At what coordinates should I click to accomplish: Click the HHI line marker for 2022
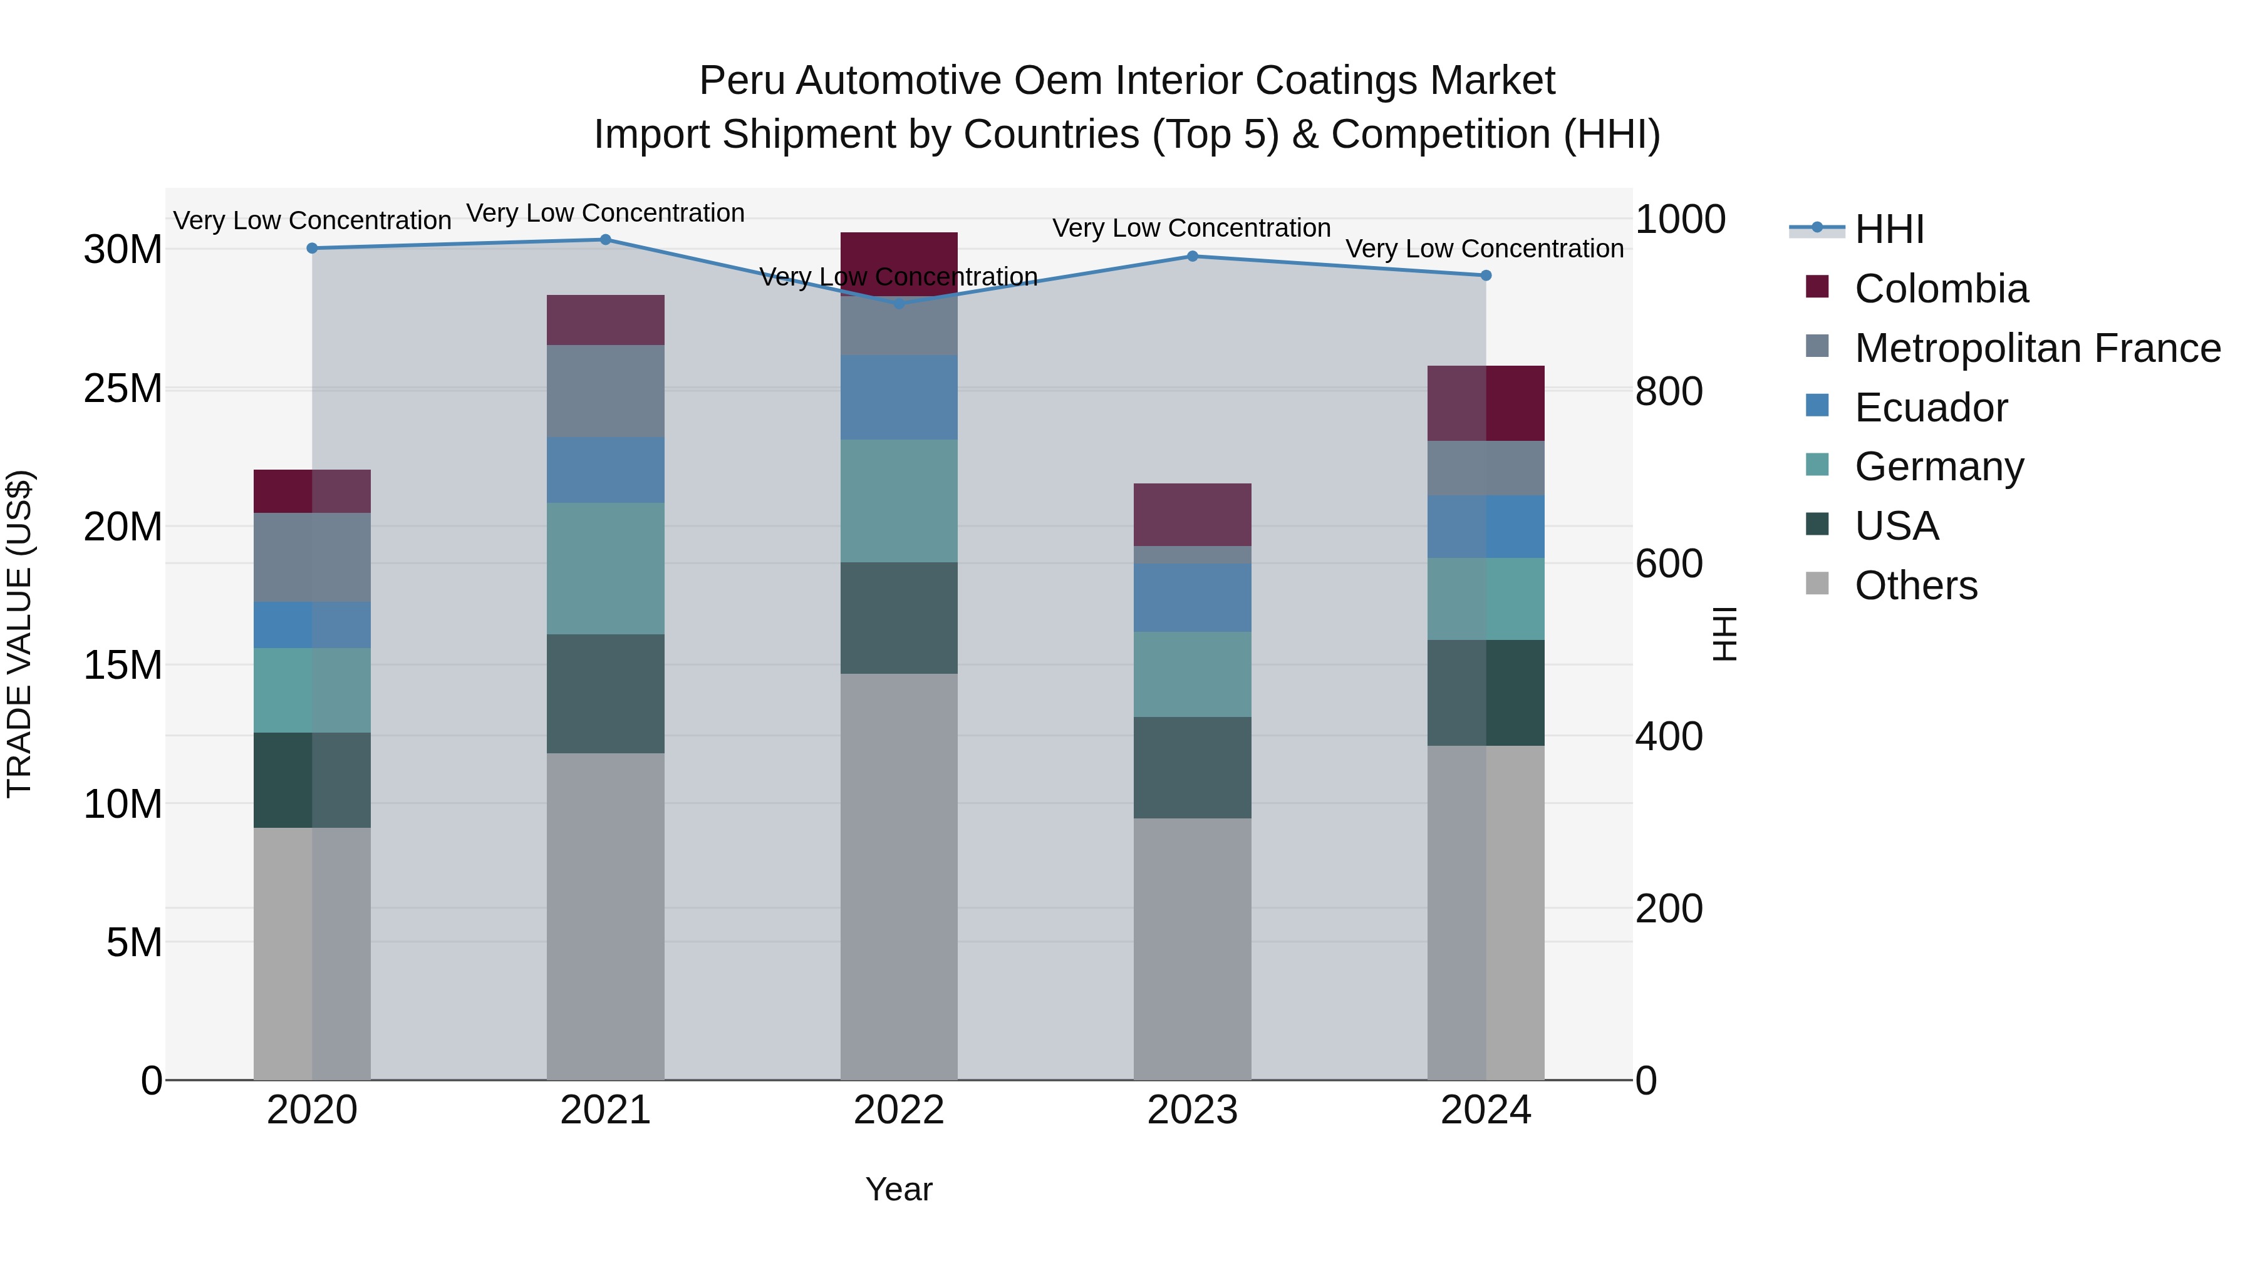tap(899, 303)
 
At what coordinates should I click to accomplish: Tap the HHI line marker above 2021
tap(605, 240)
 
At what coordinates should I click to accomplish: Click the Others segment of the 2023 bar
tap(1192, 949)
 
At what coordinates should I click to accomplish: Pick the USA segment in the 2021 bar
tap(605, 693)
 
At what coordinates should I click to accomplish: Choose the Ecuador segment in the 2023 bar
tap(1192, 598)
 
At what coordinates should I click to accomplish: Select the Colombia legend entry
tap(1940, 289)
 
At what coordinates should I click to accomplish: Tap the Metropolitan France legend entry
tap(2036, 348)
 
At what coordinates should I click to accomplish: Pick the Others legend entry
tap(1915, 585)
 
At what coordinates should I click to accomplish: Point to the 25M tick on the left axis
tap(123, 388)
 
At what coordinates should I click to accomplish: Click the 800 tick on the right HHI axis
tap(1669, 391)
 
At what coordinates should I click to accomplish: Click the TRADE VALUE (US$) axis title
tap(19, 634)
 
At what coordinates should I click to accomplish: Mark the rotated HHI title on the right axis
tap(1724, 634)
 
